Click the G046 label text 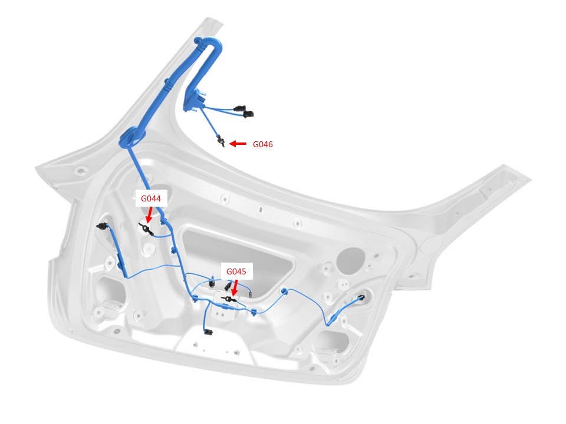[263, 144]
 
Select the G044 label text [152, 199]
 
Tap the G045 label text [236, 272]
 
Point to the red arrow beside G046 [238, 144]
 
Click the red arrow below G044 [149, 214]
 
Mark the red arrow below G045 [235, 287]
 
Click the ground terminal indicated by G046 [221, 141]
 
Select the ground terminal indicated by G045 [229, 300]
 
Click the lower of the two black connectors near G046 [248, 114]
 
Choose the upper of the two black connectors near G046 [238, 108]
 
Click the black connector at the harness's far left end [101, 226]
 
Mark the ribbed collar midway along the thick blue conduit [168, 88]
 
